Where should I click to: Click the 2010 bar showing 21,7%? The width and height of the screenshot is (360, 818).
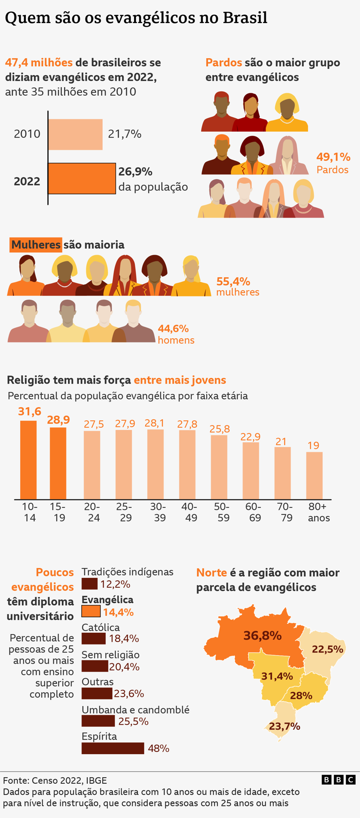coord(75,134)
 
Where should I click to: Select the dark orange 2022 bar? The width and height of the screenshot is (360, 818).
coord(82,178)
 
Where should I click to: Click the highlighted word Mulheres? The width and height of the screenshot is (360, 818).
coord(36,244)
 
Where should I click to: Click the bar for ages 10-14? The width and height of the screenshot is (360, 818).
coord(28,460)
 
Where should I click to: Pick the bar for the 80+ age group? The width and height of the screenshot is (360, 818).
coord(314,475)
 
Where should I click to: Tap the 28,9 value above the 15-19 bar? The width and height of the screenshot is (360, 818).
coord(58,420)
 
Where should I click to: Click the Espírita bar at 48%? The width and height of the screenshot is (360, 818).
coord(112,748)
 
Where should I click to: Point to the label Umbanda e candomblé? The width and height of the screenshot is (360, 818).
coord(135,710)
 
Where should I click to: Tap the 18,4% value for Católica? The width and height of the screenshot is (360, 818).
coord(124,638)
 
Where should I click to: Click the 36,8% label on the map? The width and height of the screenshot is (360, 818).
coord(262,636)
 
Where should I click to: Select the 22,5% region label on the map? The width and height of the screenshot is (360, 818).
coord(328,649)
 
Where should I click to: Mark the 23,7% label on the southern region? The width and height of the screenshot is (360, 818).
coord(285,726)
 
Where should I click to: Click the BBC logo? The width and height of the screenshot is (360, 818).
coord(338,780)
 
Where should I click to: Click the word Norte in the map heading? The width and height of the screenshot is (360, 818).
coord(211,572)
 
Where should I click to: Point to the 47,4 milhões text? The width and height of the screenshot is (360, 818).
coord(38,62)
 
